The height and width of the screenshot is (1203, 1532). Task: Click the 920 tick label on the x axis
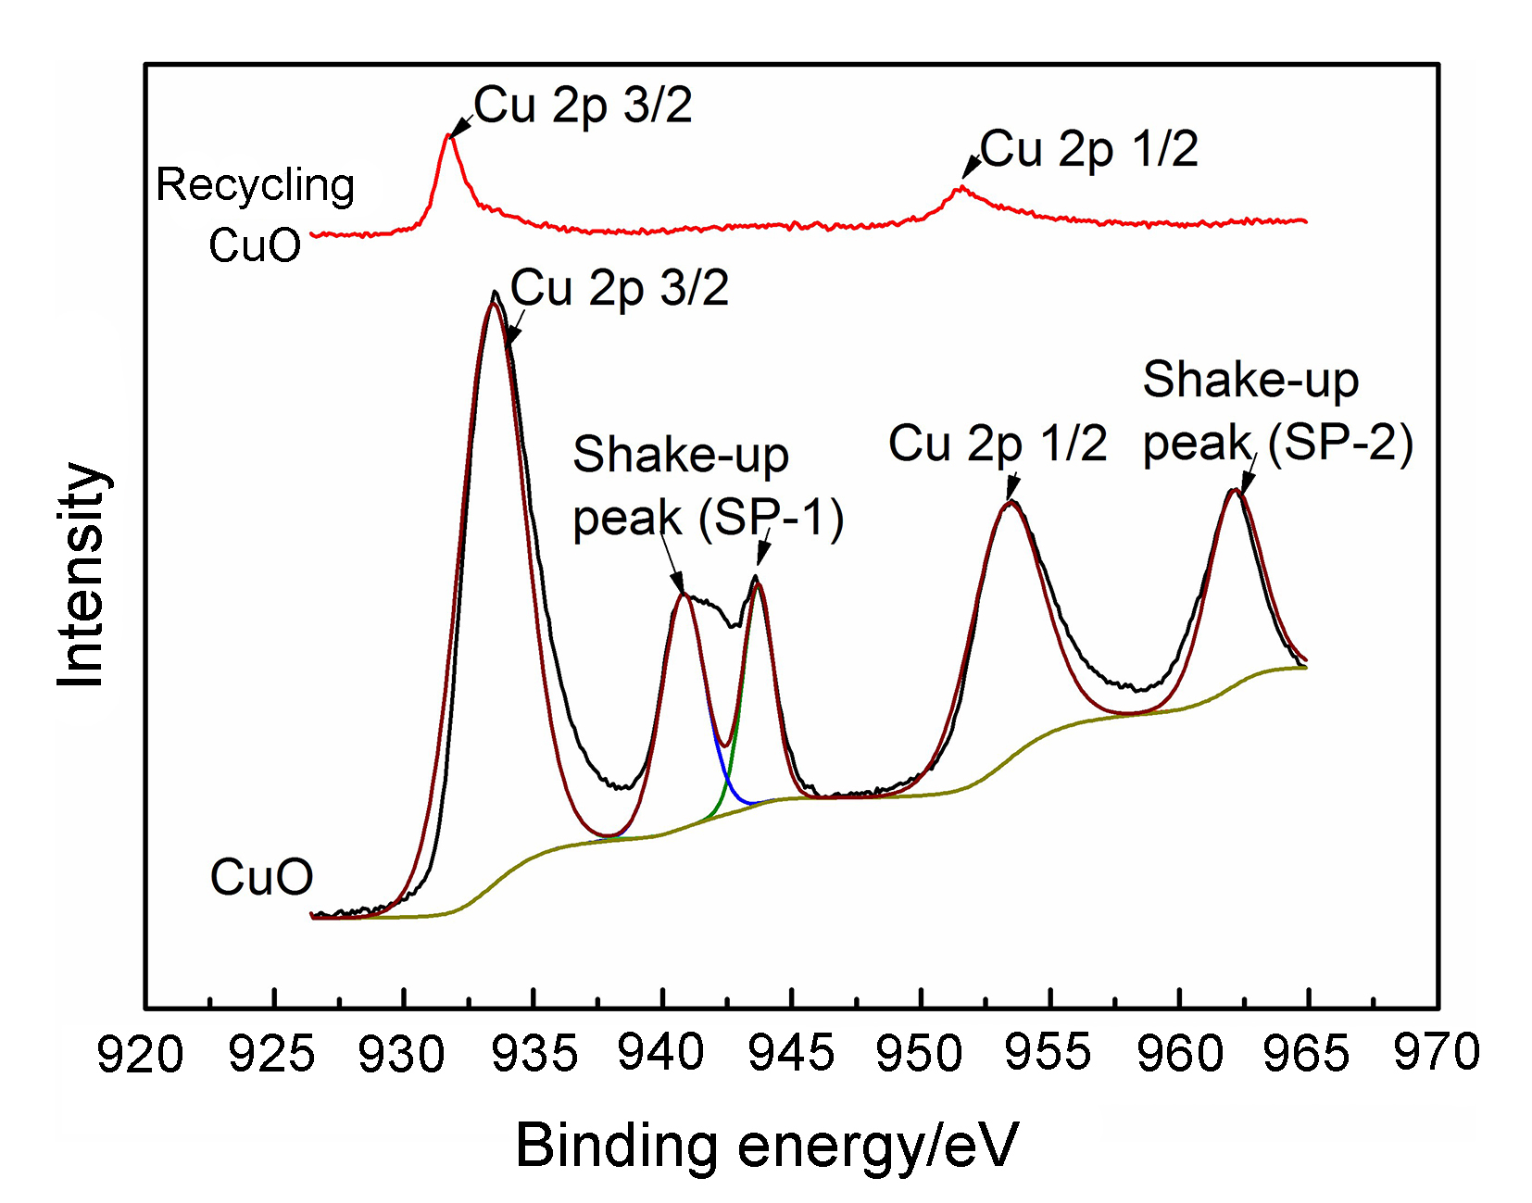point(141,1055)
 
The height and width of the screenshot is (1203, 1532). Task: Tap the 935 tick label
point(534,1055)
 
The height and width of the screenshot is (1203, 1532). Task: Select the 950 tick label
point(920,1055)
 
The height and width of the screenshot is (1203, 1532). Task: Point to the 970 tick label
point(1437,1055)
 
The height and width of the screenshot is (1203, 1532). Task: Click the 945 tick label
point(792,1055)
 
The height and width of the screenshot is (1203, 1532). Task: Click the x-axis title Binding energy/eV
point(766,1146)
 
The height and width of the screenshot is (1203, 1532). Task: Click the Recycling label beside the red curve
point(255,185)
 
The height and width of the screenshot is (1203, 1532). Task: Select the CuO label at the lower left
point(261,876)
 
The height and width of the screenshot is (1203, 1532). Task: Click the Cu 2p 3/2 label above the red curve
point(583,105)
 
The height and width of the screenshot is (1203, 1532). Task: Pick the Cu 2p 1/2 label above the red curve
point(1089,149)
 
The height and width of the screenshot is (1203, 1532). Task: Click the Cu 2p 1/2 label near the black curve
point(998,444)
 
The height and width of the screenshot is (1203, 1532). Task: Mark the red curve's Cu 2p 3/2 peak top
point(448,135)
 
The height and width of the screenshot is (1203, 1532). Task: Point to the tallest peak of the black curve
point(495,292)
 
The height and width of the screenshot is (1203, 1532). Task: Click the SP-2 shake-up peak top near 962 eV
point(1235,490)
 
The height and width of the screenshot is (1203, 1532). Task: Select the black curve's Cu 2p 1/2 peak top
point(1012,501)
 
